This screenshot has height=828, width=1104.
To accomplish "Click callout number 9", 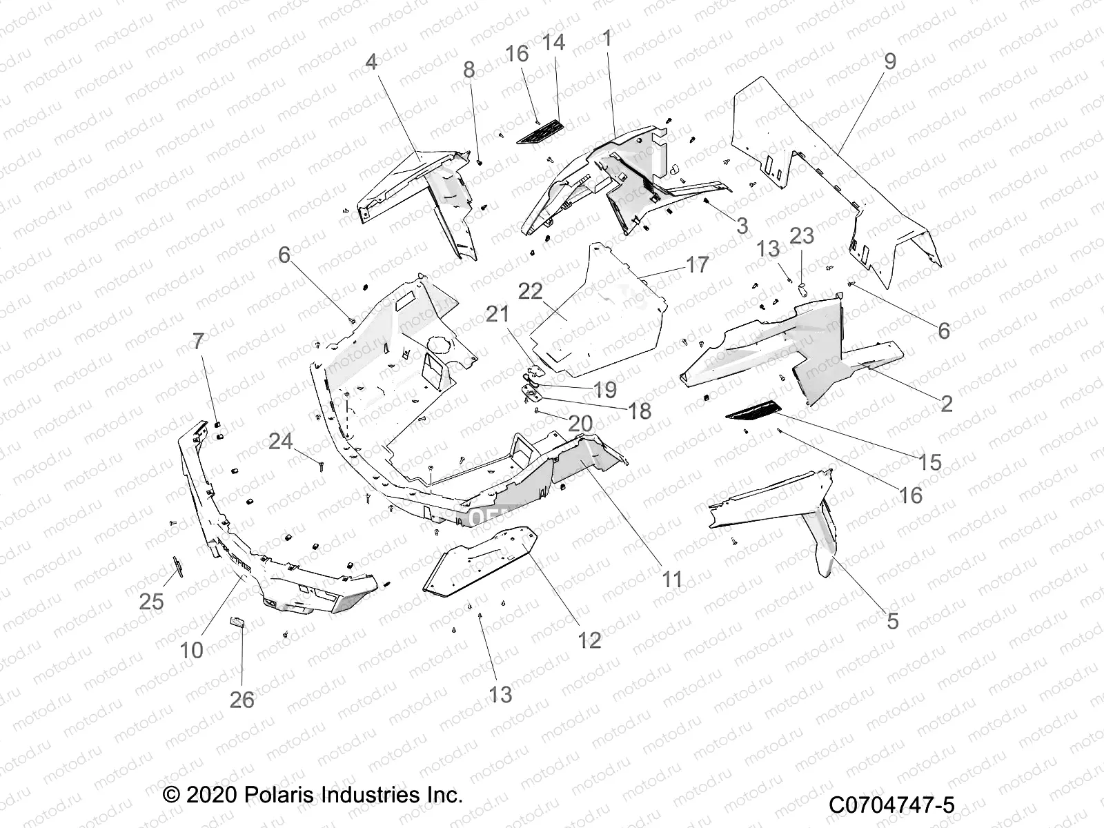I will [x=890, y=61].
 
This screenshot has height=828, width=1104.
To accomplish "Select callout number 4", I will [x=371, y=62].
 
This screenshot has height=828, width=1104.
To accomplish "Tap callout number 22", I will [x=550, y=292].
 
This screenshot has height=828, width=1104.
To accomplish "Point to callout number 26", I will [x=242, y=700].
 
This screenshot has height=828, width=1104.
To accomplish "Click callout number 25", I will [x=151, y=601].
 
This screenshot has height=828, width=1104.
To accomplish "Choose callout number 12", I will [x=589, y=640].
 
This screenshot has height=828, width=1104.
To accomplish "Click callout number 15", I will [x=930, y=462].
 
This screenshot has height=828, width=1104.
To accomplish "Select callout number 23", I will [x=802, y=236].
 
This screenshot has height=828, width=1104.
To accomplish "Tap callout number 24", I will [x=280, y=441].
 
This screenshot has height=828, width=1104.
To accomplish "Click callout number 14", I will [x=553, y=43].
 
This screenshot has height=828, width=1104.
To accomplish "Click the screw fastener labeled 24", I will [x=322, y=465].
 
